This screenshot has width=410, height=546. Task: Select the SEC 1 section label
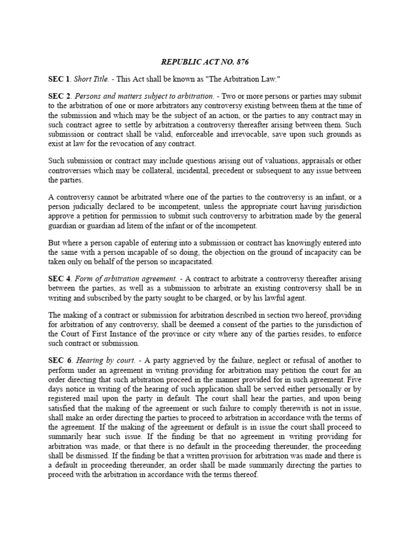pos(59,79)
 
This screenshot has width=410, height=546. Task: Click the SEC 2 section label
pos(59,97)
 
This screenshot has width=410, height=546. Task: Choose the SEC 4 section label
pos(59,279)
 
